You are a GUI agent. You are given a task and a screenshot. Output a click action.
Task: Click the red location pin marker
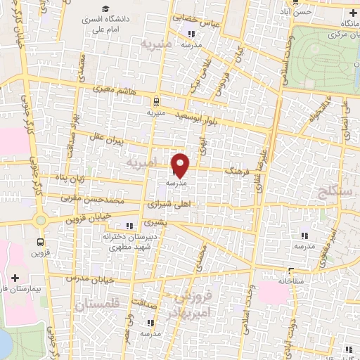[x=181, y=165]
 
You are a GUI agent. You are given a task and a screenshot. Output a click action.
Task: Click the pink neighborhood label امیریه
[x=141, y=163]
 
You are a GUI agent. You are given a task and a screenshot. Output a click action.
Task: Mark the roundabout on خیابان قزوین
[x=40, y=219]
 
